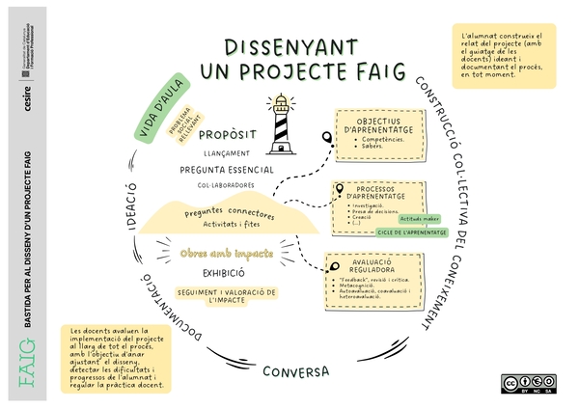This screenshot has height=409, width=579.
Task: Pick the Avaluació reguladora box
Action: click(x=372, y=276)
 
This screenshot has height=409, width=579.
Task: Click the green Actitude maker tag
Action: click(x=418, y=219)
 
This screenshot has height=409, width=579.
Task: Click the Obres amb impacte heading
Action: click(x=227, y=253)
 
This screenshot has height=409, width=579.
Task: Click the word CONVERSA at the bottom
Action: click(x=296, y=371)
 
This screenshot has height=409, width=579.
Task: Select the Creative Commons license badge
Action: click(x=525, y=383)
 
